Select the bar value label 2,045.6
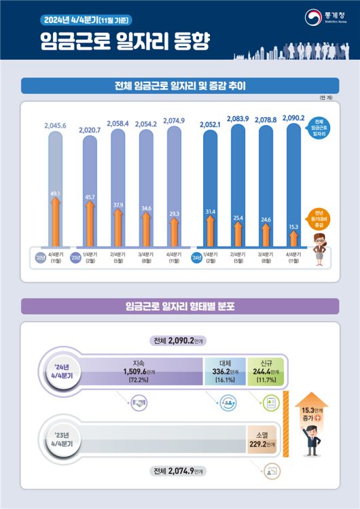click(x=54, y=126)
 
